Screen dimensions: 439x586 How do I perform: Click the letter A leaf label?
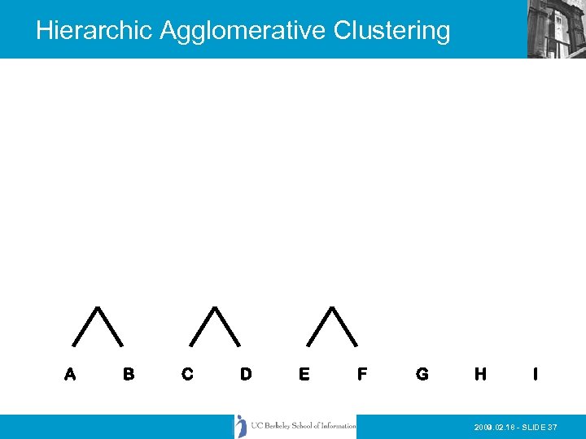coord(71,375)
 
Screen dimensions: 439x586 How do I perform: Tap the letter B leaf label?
coord(129,375)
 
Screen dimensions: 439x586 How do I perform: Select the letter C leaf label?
coord(188,375)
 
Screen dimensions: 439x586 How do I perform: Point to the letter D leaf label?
coord(246,375)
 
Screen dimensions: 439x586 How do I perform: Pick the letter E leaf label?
coord(304,375)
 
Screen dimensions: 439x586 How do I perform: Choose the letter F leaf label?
coord(362,375)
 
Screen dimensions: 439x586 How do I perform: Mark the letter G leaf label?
coord(422,375)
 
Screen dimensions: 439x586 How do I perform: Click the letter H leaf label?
coord(480,375)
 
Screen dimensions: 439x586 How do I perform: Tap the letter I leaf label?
coord(535,375)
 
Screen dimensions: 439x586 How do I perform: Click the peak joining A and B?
coord(98,308)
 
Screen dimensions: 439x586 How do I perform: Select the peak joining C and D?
coord(215,308)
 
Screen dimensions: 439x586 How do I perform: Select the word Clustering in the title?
coord(391,31)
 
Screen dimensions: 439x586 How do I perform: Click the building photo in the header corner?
coord(556,28)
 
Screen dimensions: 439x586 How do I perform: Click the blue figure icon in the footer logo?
coord(241,426)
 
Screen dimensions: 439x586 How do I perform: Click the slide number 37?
coord(553,428)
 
